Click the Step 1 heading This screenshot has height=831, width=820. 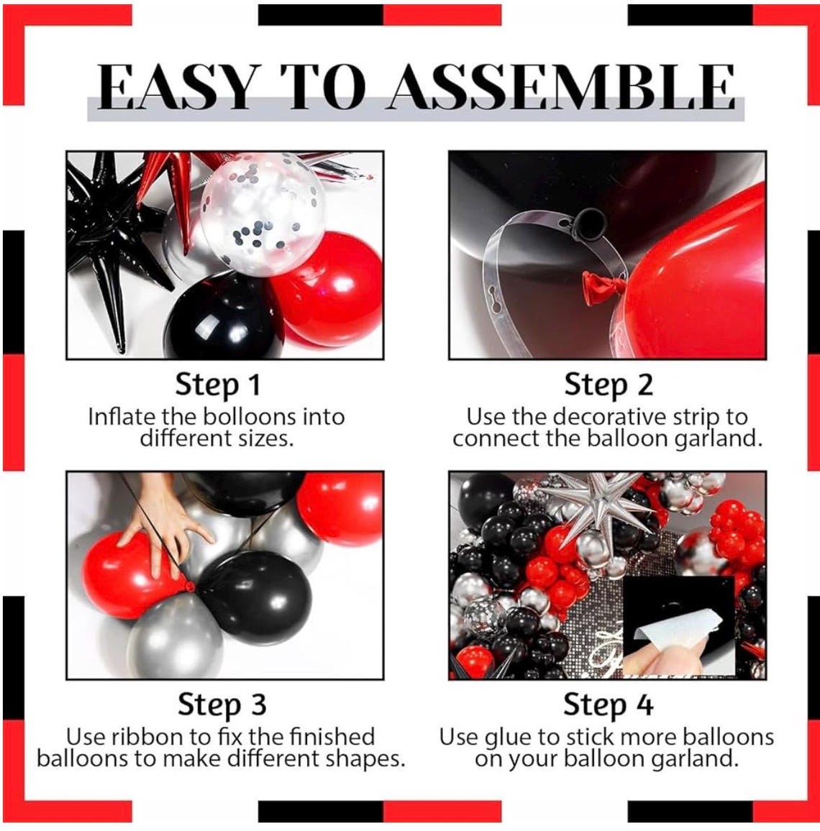tap(217, 385)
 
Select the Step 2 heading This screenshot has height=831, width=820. tap(608, 385)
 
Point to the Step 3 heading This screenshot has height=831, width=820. tap(222, 704)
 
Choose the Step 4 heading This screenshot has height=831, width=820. tap(608, 704)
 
